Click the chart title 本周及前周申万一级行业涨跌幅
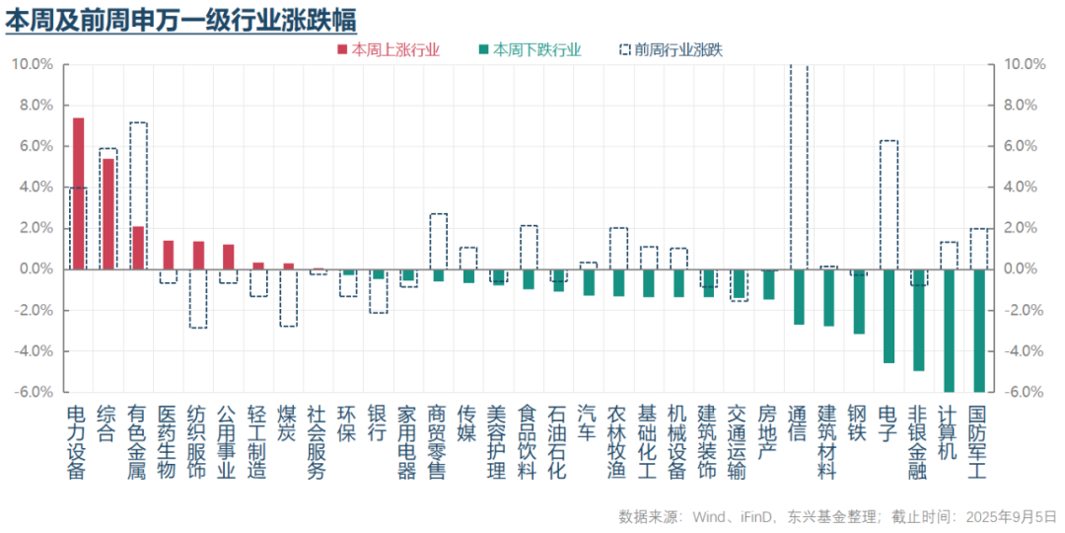click(x=180, y=21)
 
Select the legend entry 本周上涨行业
click(x=389, y=49)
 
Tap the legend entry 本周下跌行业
click(x=530, y=49)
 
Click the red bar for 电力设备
click(x=78, y=193)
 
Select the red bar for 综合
click(x=108, y=214)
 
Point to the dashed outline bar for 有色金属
click(x=139, y=195)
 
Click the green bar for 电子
click(x=888, y=316)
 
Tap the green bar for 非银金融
click(x=918, y=320)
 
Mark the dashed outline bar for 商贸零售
click(x=438, y=242)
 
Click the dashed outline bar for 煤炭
click(x=289, y=298)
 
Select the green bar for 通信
click(x=799, y=297)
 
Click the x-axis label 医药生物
click(x=168, y=442)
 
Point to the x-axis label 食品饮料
click(x=528, y=442)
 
